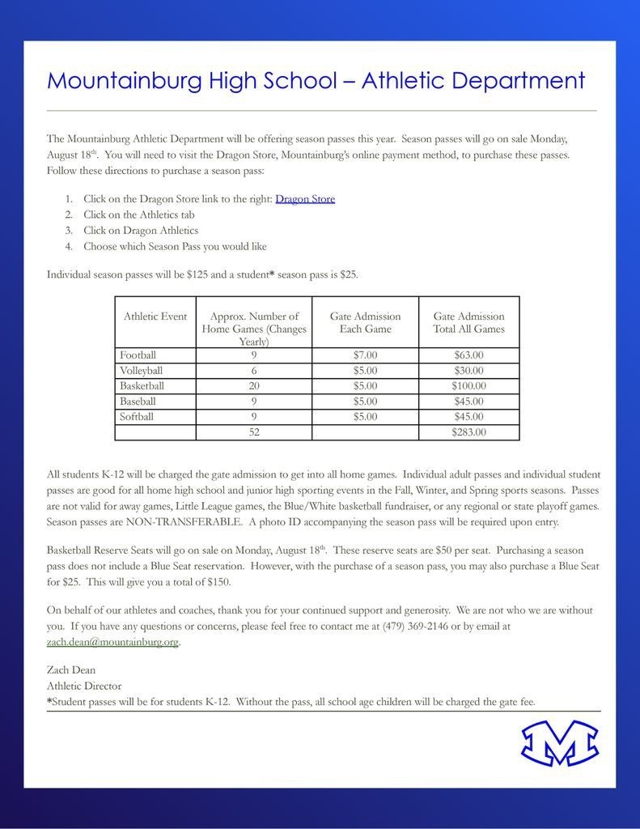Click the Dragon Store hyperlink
305,198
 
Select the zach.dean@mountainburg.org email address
112,642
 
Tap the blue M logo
559,743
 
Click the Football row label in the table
138,355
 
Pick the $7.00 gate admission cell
365,355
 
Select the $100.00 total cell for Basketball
468,385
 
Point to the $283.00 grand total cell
468,432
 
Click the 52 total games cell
254,432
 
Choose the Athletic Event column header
155,317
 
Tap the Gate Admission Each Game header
365,322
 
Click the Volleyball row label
142,370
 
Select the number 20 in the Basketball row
254,385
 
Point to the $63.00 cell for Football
468,355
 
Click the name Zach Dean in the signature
71,670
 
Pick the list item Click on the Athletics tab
138,215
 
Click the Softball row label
137,417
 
